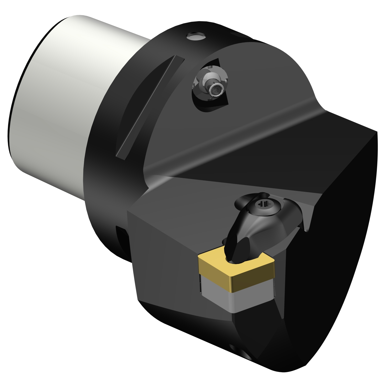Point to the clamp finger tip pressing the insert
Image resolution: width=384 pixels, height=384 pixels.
234,257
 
